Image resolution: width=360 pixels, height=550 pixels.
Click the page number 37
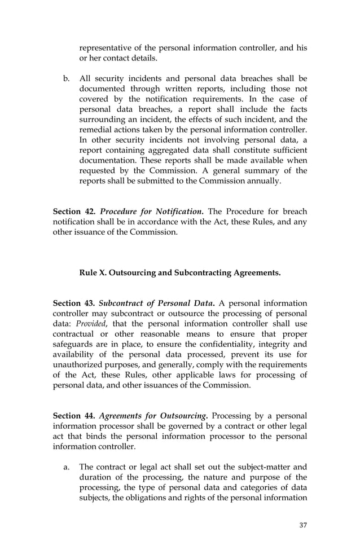(303, 525)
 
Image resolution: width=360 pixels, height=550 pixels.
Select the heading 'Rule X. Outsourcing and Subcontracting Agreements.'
(180, 273)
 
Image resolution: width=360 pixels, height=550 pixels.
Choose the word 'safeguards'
(73, 344)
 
